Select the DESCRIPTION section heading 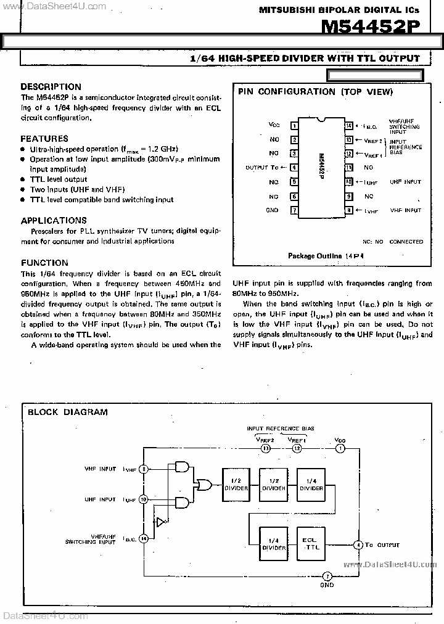(x=51, y=87)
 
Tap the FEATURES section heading (x=44, y=139)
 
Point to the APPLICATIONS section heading (x=54, y=221)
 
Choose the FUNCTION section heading (x=44, y=263)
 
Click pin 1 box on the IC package (x=295, y=126)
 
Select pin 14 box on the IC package (x=348, y=126)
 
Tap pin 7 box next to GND (x=295, y=210)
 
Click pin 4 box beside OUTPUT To (x=295, y=167)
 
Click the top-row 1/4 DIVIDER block (x=311, y=485)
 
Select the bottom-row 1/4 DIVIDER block (x=273, y=543)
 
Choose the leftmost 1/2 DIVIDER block (x=235, y=485)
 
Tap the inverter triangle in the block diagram (x=160, y=522)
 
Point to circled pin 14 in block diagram (x=144, y=538)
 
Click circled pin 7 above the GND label (x=327, y=575)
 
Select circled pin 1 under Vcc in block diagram (x=340, y=448)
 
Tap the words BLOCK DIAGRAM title (x=68, y=412)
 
